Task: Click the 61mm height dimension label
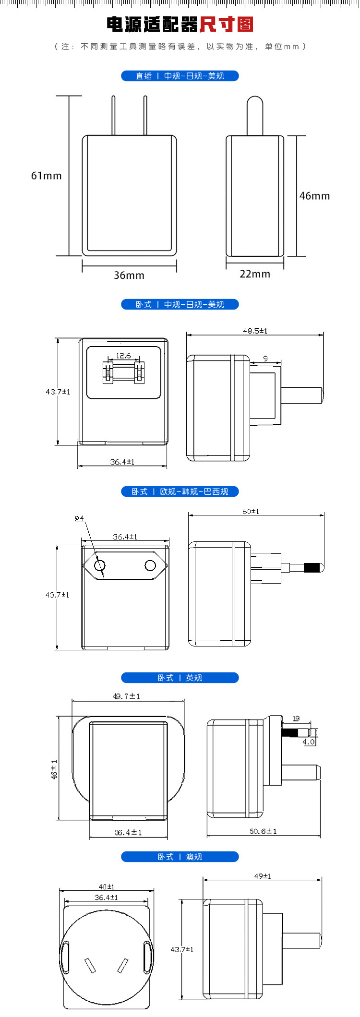coord(47,176)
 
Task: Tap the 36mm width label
coord(129,275)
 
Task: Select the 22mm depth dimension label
coord(255,274)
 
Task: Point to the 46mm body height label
coord(314,196)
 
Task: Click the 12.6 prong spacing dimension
coord(123,356)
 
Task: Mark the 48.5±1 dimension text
coord(255,331)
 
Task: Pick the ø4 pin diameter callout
coord(80,518)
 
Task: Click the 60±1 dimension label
coord(251,511)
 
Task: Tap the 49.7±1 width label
coord(127,696)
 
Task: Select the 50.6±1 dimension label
coord(263,831)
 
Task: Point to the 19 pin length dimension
coord(296,718)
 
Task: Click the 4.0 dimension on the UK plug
coord(309,742)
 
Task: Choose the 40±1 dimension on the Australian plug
coord(107,887)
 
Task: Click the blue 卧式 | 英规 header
coord(180,678)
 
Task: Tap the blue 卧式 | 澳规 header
coord(180,857)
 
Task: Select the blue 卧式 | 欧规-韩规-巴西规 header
coord(180,491)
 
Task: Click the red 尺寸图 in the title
coord(226,24)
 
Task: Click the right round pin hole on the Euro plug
coord(150,565)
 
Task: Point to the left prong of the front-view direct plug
coord(113,115)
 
